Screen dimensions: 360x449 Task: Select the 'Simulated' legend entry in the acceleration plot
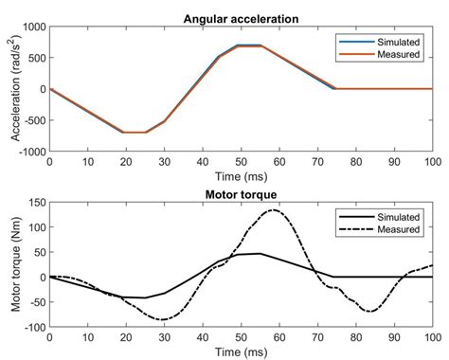[384, 42]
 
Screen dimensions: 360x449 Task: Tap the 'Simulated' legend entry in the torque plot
[384, 217]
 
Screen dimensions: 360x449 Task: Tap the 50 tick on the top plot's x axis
[240, 163]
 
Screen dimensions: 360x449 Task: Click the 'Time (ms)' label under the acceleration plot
[240, 176]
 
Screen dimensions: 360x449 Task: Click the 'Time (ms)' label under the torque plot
[240, 351]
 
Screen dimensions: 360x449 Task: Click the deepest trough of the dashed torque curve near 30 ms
[162, 319]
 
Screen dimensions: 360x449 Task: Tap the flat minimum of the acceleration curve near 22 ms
[134, 133]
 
